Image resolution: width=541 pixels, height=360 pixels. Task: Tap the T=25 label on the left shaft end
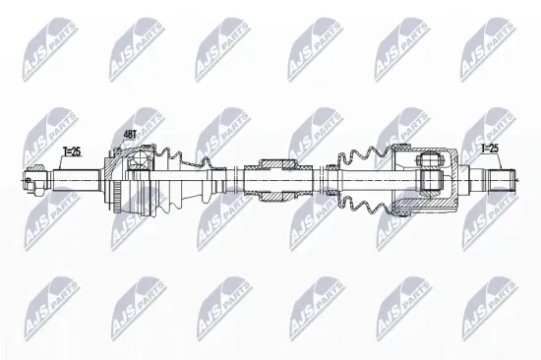pos(71,151)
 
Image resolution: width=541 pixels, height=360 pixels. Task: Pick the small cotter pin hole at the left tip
pos(27,180)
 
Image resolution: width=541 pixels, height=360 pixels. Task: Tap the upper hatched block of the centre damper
pos(274,162)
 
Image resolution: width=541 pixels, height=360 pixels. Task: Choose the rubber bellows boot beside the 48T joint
pos(187,180)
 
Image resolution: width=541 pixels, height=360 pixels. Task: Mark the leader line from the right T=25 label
pos(498,162)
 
